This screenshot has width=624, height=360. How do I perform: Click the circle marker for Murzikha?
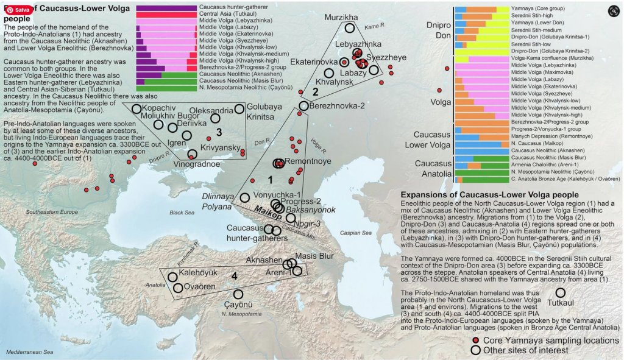click(x=349, y=28)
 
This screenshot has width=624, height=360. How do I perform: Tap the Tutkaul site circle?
click(x=561, y=293)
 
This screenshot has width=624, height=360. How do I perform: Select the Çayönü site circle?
click(x=238, y=294)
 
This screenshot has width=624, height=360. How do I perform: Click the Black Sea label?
click(x=182, y=213)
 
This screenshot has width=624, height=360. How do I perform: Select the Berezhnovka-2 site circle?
click(x=304, y=106)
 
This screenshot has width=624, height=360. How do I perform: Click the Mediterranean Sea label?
click(x=29, y=352)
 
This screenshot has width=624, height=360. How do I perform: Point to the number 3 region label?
click(x=218, y=131)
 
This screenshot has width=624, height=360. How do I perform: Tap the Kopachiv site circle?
click(x=136, y=108)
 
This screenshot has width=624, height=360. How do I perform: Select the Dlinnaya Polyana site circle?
click(x=245, y=197)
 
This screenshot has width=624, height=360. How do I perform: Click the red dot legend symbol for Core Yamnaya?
click(x=475, y=341)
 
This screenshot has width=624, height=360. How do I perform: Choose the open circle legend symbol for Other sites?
click(x=475, y=350)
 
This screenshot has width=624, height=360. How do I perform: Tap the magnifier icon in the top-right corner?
click(x=612, y=10)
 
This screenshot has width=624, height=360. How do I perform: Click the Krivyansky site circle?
click(x=193, y=154)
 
